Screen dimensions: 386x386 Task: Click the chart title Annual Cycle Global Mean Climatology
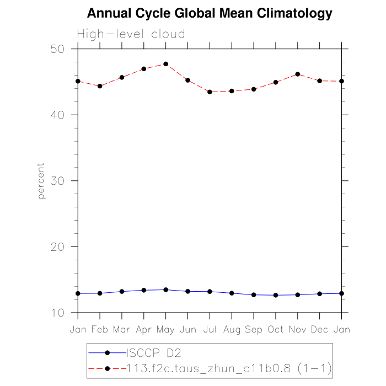pyautogui.click(x=210, y=13)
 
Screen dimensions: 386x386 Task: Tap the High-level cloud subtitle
pyautogui.click(x=131, y=34)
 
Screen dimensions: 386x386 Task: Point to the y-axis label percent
pyautogui.click(x=41, y=181)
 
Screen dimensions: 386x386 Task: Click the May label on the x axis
pyautogui.click(x=165, y=329)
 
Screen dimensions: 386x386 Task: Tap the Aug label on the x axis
pyautogui.click(x=232, y=329)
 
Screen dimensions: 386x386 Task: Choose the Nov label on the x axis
pyautogui.click(x=298, y=329)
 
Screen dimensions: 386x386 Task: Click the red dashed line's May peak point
pyautogui.click(x=165, y=64)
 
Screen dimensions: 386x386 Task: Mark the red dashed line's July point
pyautogui.click(x=210, y=92)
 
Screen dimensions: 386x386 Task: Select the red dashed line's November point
pyautogui.click(x=298, y=74)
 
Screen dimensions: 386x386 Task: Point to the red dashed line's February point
pyautogui.click(x=100, y=86)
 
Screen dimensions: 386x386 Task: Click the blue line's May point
pyautogui.click(x=165, y=289)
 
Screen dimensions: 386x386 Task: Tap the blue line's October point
pyautogui.click(x=276, y=295)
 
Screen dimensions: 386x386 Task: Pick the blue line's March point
pyautogui.click(x=122, y=291)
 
